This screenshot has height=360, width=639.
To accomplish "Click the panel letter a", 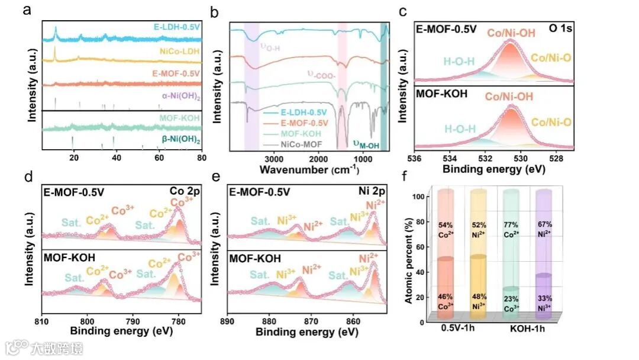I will tap(27, 10).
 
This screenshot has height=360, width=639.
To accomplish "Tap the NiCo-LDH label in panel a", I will tap(180, 52).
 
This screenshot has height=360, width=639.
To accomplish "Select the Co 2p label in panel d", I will tap(188, 192).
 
